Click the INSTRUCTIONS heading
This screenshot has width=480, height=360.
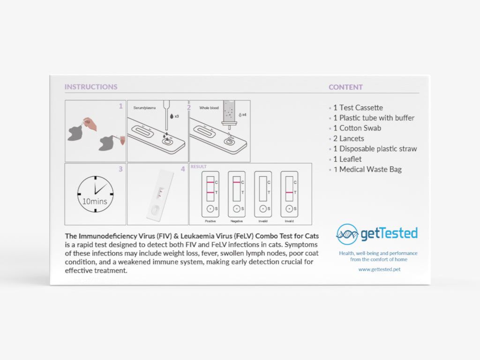91,87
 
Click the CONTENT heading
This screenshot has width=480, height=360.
345,87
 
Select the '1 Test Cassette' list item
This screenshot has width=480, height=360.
358,107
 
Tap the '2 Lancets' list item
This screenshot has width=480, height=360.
349,138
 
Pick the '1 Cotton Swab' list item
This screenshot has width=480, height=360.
357,128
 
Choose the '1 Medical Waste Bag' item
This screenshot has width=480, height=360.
367,169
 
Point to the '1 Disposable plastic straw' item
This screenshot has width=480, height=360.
375,149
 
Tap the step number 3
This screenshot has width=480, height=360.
120,169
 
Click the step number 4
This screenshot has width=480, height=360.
183,169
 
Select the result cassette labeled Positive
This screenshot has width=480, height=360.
210,194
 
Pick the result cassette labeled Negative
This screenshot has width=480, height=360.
236,194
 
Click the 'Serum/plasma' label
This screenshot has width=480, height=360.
144,108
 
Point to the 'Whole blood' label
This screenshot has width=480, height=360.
209,108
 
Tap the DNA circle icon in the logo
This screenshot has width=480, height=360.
347,234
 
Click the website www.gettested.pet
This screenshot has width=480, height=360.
379,270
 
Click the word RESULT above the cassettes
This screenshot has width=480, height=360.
198,166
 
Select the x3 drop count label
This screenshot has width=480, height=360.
177,115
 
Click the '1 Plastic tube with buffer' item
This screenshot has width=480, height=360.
374,118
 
